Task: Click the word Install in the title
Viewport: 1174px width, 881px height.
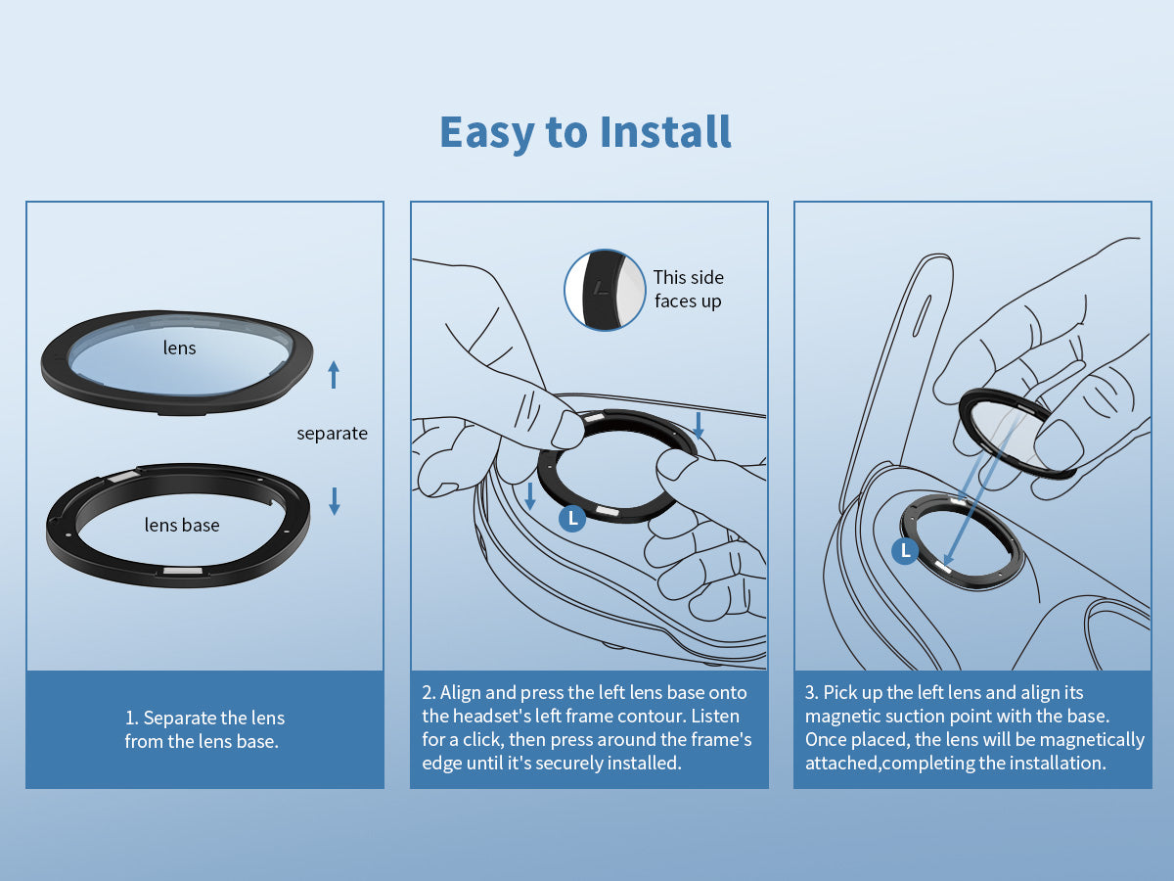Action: point(665,131)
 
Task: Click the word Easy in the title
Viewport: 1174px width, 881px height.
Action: point(486,134)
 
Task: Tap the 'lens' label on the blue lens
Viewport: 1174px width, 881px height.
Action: point(179,348)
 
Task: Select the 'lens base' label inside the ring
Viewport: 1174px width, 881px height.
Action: point(182,525)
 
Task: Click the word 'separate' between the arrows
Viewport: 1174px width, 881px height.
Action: point(332,434)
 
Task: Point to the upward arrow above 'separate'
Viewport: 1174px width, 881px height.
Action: point(334,375)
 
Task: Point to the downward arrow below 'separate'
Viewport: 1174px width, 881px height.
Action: point(335,501)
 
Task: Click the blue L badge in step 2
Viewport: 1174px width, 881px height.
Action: point(572,519)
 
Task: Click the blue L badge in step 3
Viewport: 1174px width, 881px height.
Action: point(906,550)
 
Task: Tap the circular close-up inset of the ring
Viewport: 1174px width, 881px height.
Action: point(605,290)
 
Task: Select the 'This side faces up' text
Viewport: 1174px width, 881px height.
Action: point(689,289)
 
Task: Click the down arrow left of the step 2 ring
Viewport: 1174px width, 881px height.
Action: point(530,496)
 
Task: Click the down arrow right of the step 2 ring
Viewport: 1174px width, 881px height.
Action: point(698,425)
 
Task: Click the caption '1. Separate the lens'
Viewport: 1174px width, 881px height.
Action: point(204,718)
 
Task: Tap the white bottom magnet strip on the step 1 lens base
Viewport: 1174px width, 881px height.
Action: point(182,571)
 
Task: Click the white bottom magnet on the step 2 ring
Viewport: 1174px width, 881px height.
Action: point(607,511)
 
